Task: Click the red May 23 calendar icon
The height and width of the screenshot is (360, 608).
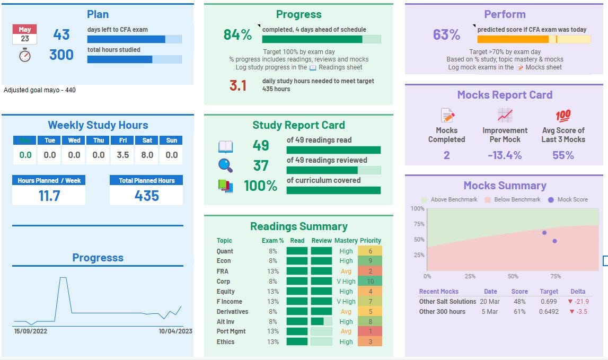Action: tap(24, 34)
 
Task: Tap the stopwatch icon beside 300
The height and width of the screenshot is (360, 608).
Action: tap(25, 55)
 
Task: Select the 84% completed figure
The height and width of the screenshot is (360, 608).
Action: tap(237, 35)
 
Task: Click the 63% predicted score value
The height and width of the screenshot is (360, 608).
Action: tap(446, 35)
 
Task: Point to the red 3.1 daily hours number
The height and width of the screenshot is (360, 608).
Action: tap(238, 85)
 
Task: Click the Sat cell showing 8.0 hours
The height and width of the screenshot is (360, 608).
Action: tap(147, 155)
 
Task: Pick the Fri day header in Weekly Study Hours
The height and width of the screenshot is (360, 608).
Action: tap(123, 141)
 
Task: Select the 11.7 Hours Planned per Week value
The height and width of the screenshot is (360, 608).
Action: tap(49, 196)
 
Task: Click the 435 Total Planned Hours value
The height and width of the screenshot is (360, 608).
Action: tap(146, 196)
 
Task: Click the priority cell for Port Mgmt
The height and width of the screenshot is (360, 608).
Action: tap(370, 331)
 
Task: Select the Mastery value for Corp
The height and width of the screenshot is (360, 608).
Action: tap(346, 281)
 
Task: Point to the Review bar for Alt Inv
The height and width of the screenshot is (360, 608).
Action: tap(321, 321)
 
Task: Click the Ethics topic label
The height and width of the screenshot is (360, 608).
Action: tap(225, 342)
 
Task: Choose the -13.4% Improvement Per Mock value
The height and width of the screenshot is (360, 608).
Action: tap(505, 155)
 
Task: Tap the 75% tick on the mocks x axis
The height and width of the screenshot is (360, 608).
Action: tap(556, 276)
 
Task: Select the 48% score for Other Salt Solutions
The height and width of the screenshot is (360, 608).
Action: tap(519, 301)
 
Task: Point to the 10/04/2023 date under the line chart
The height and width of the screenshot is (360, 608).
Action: tap(175, 331)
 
